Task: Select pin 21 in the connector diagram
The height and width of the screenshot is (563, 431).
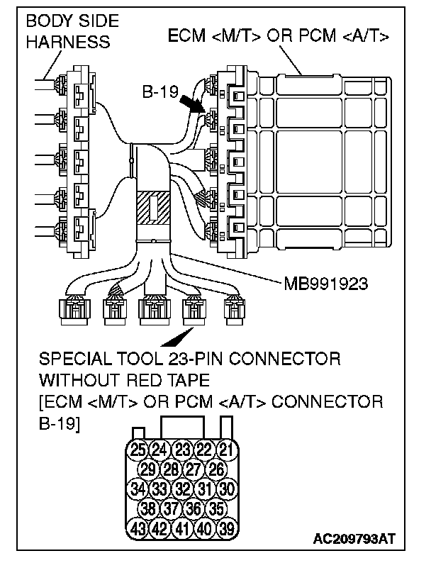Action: [226, 449]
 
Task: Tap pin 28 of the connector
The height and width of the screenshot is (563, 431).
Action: [169, 469]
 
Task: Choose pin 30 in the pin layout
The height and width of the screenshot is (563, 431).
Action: [226, 489]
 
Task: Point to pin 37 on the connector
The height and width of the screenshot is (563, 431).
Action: [169, 508]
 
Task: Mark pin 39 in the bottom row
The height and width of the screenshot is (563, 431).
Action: [226, 528]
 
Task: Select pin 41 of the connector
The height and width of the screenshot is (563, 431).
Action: [182, 528]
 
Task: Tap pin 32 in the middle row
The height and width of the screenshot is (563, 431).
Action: [182, 489]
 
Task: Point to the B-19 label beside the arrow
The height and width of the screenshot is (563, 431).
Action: [159, 92]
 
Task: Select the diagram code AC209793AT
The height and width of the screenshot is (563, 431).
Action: [354, 540]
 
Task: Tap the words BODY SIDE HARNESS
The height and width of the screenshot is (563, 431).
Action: [68, 31]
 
